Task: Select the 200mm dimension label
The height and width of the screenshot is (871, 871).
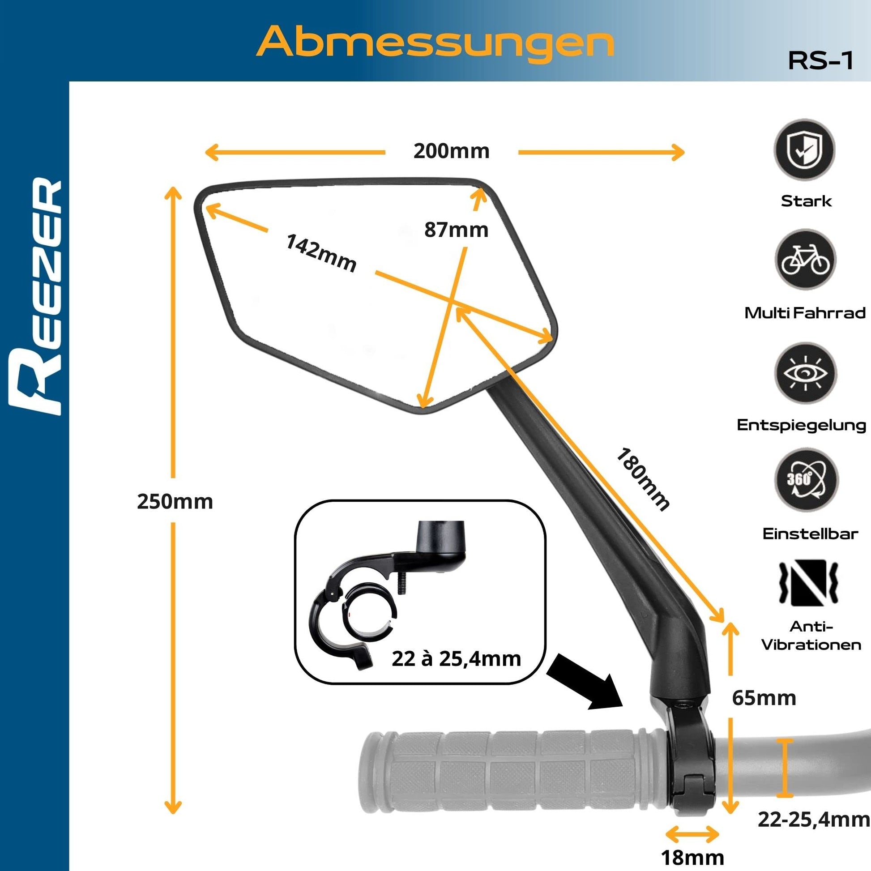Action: point(451,151)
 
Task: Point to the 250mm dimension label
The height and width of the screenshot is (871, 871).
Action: point(175,502)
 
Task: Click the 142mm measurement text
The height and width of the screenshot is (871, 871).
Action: point(321,253)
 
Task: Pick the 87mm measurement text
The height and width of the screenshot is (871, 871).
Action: point(456,230)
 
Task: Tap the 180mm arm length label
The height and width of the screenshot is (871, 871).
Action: point(642,479)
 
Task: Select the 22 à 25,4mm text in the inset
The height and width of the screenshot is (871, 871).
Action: point(456,659)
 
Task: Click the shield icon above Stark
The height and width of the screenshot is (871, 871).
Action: point(805,149)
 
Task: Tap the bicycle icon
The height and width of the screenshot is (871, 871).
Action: point(805,260)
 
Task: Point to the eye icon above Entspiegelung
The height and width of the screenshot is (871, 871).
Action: point(805,373)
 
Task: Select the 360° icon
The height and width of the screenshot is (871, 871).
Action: point(805,479)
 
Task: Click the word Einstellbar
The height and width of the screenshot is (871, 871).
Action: point(810,534)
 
